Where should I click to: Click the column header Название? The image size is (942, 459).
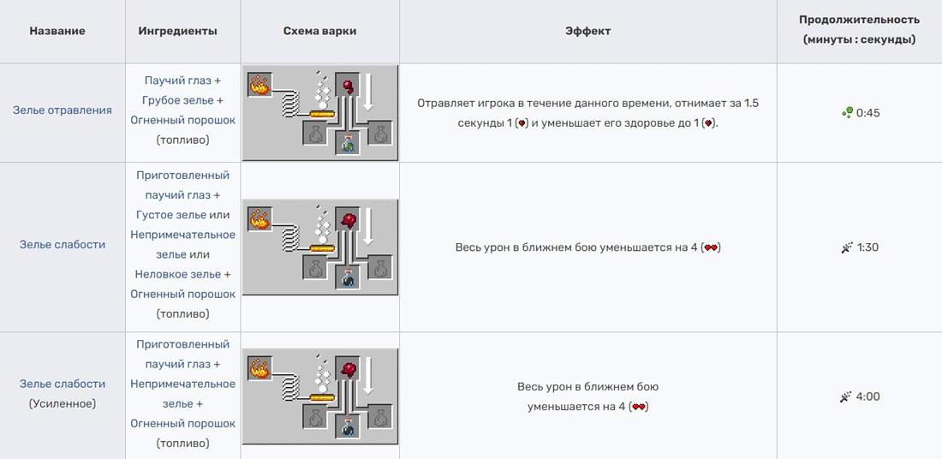57,31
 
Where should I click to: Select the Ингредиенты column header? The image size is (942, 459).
178,31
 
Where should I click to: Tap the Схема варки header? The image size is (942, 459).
319,31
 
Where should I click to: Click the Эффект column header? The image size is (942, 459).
588,31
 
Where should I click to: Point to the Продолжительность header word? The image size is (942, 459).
859,20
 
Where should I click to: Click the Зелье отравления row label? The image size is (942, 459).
63,110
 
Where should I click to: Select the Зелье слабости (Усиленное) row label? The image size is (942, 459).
63,394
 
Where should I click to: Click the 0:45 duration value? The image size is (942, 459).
868,112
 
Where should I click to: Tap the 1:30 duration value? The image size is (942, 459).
868,247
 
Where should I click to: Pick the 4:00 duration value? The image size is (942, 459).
868,396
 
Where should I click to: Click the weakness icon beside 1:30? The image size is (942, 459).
847,247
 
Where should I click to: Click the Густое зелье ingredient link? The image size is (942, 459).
171,215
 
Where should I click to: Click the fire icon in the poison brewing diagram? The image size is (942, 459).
259,85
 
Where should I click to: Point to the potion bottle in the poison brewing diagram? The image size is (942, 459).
347,144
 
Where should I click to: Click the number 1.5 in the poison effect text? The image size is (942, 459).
751,104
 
